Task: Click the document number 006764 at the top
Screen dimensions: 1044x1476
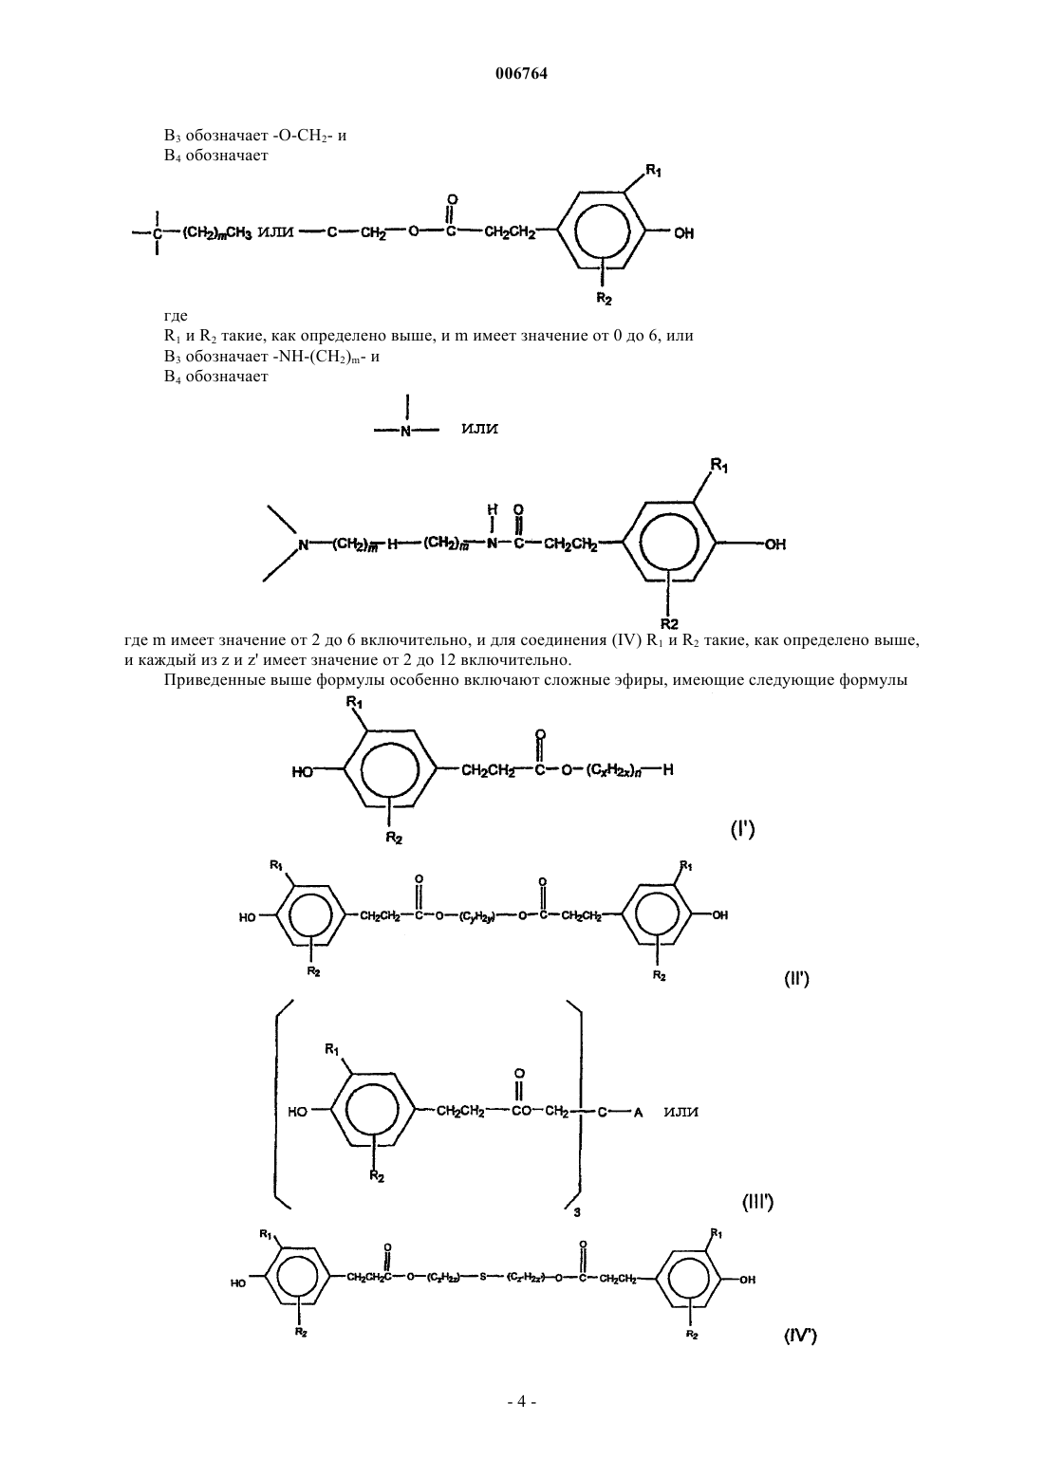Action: click(x=521, y=74)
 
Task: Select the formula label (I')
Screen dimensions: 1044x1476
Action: click(x=743, y=830)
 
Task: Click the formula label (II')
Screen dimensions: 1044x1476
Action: click(x=796, y=979)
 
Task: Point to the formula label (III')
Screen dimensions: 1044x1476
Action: click(x=758, y=1203)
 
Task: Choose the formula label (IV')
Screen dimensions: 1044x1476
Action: click(x=800, y=1336)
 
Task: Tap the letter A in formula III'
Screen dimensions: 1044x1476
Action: click(x=638, y=1113)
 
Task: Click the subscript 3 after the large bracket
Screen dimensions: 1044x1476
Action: click(x=577, y=1211)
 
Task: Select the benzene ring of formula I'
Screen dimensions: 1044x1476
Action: click(x=389, y=768)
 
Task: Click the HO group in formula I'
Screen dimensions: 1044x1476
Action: click(x=303, y=771)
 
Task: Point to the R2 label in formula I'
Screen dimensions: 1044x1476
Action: click(x=394, y=839)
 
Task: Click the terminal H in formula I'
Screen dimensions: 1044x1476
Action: click(x=667, y=769)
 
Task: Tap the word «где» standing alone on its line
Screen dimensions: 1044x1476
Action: click(x=176, y=316)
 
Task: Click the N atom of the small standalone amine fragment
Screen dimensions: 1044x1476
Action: click(x=406, y=432)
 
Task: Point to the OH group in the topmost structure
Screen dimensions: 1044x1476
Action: click(x=684, y=233)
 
